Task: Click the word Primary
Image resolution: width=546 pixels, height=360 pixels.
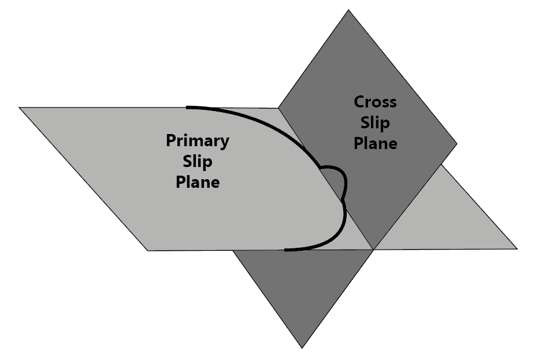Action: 197,140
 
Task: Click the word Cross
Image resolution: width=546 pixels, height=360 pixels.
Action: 375,102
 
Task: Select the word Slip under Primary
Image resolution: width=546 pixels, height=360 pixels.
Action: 198,161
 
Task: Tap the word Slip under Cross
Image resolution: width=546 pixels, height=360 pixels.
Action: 375,123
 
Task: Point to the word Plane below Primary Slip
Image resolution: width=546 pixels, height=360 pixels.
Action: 198,182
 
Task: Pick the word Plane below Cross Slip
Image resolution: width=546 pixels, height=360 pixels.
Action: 375,143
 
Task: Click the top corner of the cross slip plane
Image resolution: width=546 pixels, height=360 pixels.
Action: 348,10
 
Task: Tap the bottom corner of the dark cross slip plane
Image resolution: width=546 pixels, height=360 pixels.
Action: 302,348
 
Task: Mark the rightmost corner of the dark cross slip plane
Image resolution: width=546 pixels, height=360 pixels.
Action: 457,144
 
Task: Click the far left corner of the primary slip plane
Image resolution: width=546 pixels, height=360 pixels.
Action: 19,107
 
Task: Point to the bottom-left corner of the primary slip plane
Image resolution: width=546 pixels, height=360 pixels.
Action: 148,250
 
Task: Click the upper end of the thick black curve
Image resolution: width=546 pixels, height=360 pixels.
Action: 187,107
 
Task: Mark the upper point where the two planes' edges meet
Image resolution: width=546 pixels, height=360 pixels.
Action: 279,108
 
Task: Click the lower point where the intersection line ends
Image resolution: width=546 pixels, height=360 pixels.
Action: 373,250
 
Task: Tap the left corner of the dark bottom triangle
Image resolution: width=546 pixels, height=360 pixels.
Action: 233,251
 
